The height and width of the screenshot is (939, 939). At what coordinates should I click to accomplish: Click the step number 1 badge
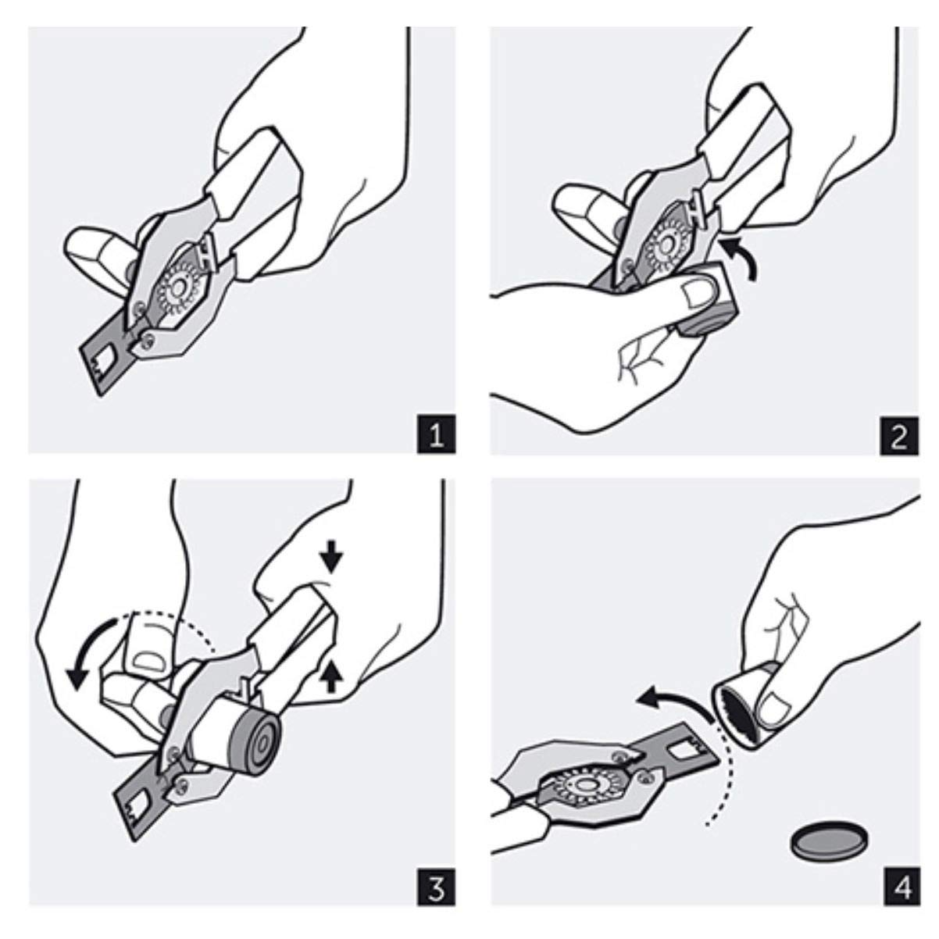(436, 434)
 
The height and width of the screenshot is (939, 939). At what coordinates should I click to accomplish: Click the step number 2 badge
(899, 436)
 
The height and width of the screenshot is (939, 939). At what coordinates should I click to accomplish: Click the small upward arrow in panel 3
(331, 676)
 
